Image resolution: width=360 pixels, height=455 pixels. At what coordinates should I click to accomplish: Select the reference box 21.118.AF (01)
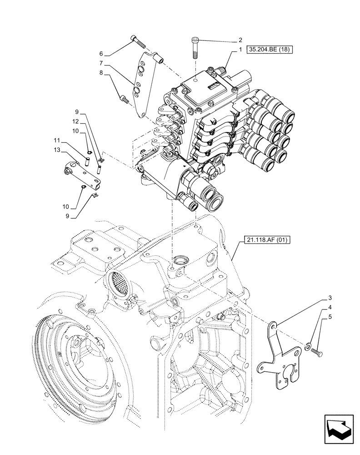pos(262,239)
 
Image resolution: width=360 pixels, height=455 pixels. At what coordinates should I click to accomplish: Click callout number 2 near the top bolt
pos(240,40)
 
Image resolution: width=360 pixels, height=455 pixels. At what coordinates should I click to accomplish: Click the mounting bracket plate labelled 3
pos(279,359)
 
